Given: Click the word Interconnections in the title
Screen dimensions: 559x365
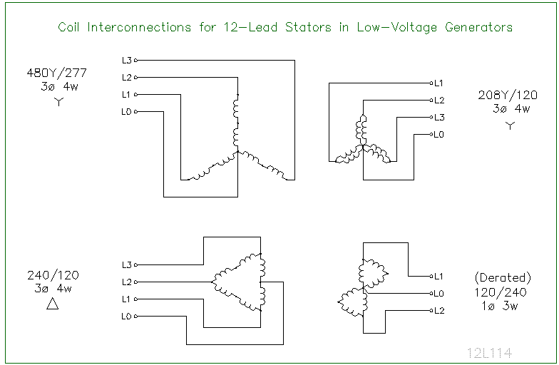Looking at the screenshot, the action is tap(139, 27).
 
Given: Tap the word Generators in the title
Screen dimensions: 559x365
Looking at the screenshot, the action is tap(479, 27).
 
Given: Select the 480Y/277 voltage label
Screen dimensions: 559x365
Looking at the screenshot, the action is tap(57, 73).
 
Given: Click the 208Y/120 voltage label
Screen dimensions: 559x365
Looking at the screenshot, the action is tap(508, 96).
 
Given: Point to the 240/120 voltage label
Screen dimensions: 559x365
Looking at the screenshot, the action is tap(53, 275).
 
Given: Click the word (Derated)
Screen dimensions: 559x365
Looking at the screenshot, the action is tap(503, 278).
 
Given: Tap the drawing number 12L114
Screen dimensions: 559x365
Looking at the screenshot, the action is tap(489, 353).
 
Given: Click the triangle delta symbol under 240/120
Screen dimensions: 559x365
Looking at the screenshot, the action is tap(53, 304).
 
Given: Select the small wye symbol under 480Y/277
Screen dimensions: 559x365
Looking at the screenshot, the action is tap(58, 102).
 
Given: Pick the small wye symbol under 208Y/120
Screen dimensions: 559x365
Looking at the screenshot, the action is tap(511, 125).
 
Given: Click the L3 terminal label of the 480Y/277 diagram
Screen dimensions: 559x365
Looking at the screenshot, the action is tap(127, 60).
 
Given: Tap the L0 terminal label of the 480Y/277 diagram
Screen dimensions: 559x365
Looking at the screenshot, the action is tap(127, 111).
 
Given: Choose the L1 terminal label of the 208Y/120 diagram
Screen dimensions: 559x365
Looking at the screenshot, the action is tap(439, 83).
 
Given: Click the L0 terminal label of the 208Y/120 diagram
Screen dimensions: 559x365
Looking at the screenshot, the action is tap(439, 134).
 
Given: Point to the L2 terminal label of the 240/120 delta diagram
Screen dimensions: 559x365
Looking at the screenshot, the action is tap(127, 282).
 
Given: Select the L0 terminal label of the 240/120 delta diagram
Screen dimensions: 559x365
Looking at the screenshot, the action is tap(127, 317).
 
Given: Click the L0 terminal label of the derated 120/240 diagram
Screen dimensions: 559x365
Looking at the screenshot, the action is tap(439, 294).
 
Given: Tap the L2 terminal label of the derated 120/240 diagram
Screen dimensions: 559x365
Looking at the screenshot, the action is tap(439, 311).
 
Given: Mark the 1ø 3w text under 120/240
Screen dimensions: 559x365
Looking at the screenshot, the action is tap(500, 306).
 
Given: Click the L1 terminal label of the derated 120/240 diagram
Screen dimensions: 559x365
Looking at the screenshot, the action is tap(439, 277).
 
